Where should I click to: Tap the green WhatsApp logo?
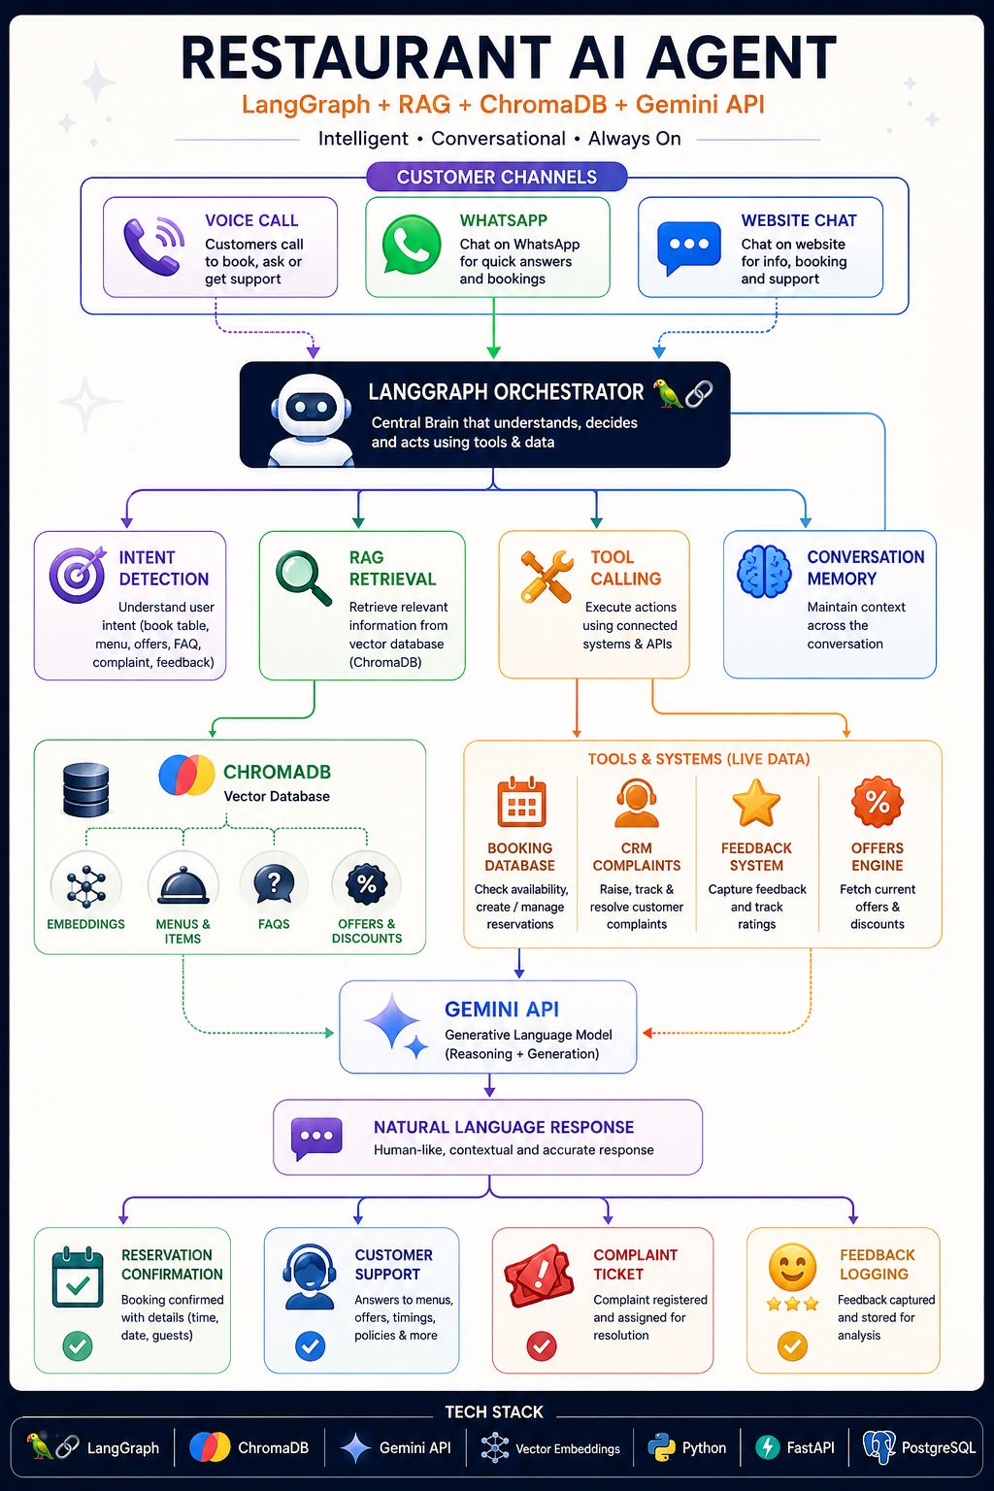pyautogui.click(x=412, y=245)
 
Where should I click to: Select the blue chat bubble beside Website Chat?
pyautogui.click(x=688, y=248)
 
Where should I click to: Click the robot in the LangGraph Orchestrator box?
pyautogui.click(x=311, y=419)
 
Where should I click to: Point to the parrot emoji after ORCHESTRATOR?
pyautogui.click(x=668, y=393)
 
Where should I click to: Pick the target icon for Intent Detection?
pyautogui.click(x=78, y=575)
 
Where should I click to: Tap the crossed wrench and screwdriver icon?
pyautogui.click(x=547, y=577)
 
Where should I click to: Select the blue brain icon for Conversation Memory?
pyautogui.click(x=764, y=572)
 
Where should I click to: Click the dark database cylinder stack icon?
pyautogui.click(x=85, y=789)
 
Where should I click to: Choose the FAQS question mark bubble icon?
pyautogui.click(x=274, y=884)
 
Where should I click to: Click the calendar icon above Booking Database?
pyautogui.click(x=521, y=802)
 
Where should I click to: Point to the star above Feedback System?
pyautogui.click(x=755, y=802)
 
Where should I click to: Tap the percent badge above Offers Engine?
pyautogui.click(x=878, y=802)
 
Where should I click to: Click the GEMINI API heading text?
pyautogui.click(x=501, y=1010)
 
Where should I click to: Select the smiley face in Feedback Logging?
pyautogui.click(x=792, y=1267)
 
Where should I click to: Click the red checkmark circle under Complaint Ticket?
pyautogui.click(x=542, y=1346)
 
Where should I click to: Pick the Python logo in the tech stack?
pyautogui.click(x=661, y=1447)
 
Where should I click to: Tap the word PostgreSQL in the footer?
pyautogui.click(x=938, y=1447)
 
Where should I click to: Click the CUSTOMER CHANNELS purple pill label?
pyautogui.click(x=497, y=177)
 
